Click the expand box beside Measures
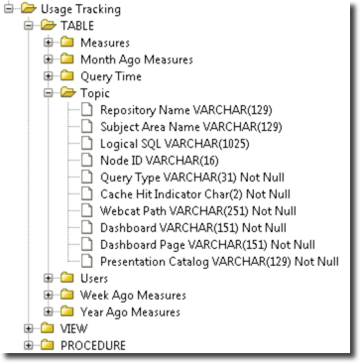coord(50,42)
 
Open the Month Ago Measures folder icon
coord(67,59)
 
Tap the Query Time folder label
coord(111,76)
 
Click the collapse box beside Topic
coord(50,93)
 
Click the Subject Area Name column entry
coord(185,127)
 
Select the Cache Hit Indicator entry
coord(199,194)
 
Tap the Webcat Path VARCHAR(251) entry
coord(193,211)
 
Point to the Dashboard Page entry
coord(207,245)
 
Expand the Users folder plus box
coord(50,279)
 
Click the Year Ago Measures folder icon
coord(67,312)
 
